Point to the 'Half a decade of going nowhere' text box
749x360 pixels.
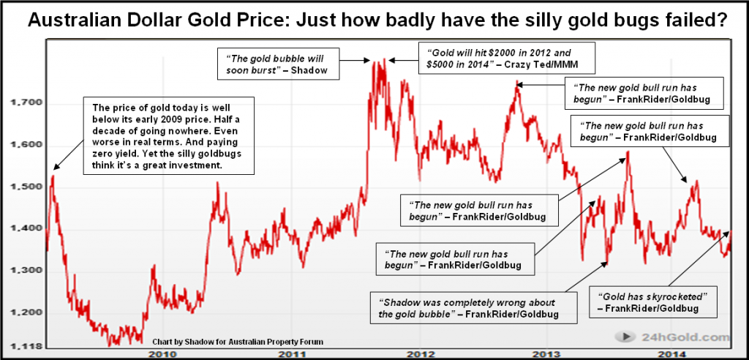[x=170, y=135]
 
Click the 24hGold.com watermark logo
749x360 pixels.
[x=674, y=337]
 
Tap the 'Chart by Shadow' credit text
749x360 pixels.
[x=238, y=342]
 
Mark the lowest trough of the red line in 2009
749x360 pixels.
[x=111, y=343]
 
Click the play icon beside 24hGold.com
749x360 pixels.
[x=627, y=337]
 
